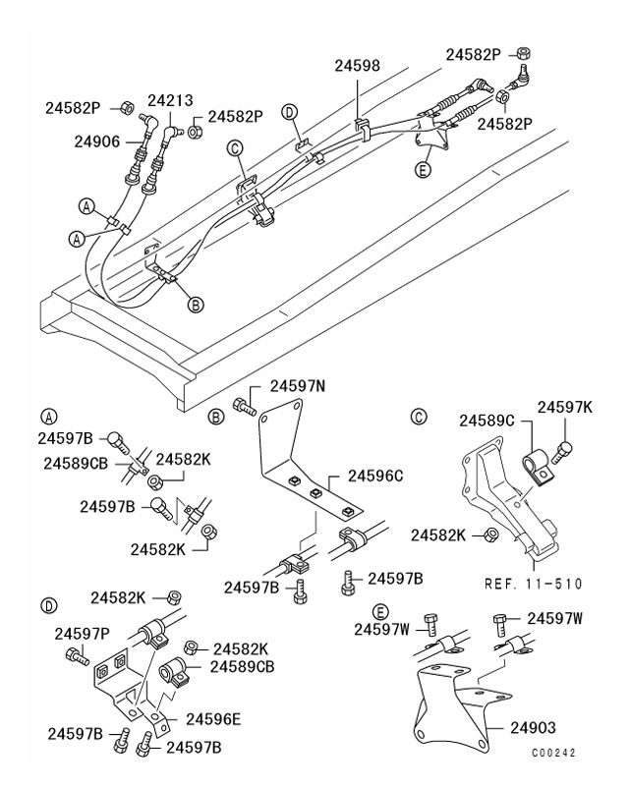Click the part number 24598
click(x=355, y=67)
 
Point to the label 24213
click(x=170, y=100)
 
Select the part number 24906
click(x=97, y=141)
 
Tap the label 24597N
click(x=298, y=388)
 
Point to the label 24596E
click(x=214, y=718)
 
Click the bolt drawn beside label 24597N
click(x=243, y=402)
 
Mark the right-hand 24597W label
click(x=556, y=617)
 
